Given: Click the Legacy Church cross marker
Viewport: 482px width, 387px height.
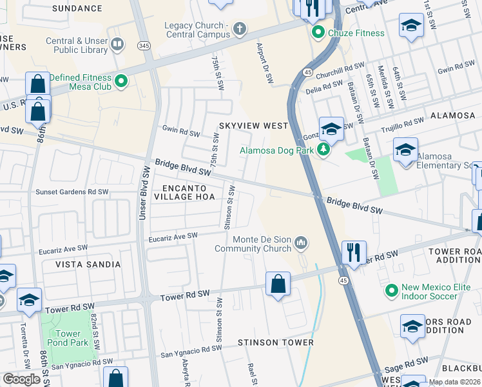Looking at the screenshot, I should tap(240, 28).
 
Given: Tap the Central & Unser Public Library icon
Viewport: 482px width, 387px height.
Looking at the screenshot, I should tap(117, 44).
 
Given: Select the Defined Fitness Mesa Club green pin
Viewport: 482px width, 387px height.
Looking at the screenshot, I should tap(120, 81).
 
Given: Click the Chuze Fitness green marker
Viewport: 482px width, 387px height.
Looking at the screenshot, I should tap(318, 32).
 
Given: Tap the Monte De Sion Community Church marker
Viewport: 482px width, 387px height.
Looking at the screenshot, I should tap(300, 243).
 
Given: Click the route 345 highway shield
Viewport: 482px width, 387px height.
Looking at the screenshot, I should tap(144, 45).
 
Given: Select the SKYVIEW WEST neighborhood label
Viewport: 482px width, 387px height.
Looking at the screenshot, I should tap(253, 126).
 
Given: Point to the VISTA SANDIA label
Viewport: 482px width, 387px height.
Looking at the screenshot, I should tap(88, 264).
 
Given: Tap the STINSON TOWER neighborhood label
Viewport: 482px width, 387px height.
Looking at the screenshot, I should tap(275, 342).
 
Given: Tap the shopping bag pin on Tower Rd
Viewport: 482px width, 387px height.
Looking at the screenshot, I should tap(278, 284).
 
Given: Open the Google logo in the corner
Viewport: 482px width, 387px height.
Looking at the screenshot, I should tap(22, 379).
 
